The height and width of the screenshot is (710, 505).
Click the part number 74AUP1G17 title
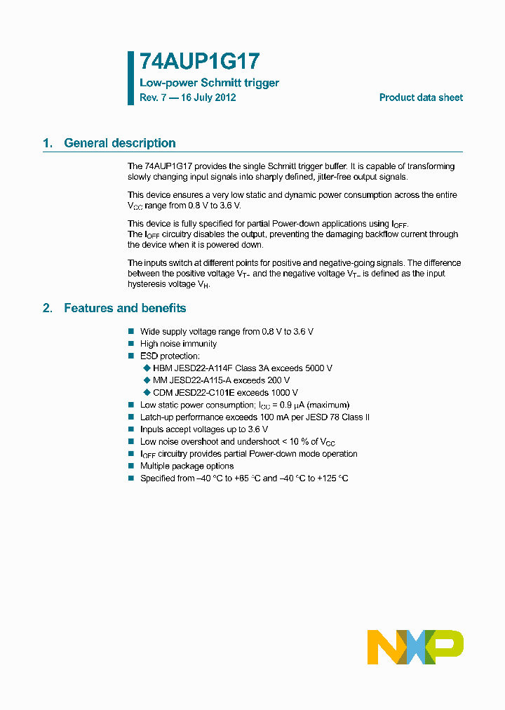click(191, 62)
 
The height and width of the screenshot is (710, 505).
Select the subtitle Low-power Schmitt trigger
click(209, 83)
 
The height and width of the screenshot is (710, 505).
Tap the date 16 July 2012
click(208, 98)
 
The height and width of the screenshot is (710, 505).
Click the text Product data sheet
click(421, 98)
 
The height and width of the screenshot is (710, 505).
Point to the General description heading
click(120, 143)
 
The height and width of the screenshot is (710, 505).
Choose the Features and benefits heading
click(125, 308)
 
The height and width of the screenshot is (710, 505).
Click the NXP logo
click(415, 647)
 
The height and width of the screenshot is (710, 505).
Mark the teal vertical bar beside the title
click(130, 78)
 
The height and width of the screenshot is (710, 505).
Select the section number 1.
click(48, 143)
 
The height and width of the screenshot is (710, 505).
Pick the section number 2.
click(48, 308)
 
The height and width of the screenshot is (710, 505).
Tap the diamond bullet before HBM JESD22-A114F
click(147, 368)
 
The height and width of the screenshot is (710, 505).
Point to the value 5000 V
click(318, 368)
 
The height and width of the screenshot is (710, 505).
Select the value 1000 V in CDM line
click(283, 393)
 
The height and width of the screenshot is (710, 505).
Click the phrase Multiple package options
click(187, 466)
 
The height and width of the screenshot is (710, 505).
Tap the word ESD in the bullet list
click(149, 356)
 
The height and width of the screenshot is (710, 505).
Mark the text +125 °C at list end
click(332, 478)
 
